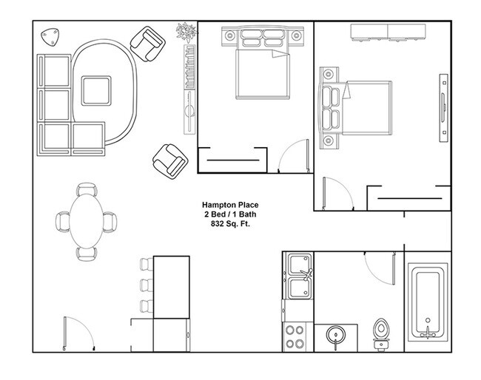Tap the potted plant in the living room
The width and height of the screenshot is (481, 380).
pos(185,32)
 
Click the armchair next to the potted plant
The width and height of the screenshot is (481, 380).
pos(148,42)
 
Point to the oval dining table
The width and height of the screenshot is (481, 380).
pos(87,220)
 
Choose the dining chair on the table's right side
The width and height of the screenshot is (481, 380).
pos(110,220)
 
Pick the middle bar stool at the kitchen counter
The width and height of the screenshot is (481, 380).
pos(144,285)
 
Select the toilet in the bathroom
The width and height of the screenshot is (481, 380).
pos(382,333)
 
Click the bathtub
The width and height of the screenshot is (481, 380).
pos(428,303)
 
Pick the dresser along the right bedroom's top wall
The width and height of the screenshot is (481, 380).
pos(389,31)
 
